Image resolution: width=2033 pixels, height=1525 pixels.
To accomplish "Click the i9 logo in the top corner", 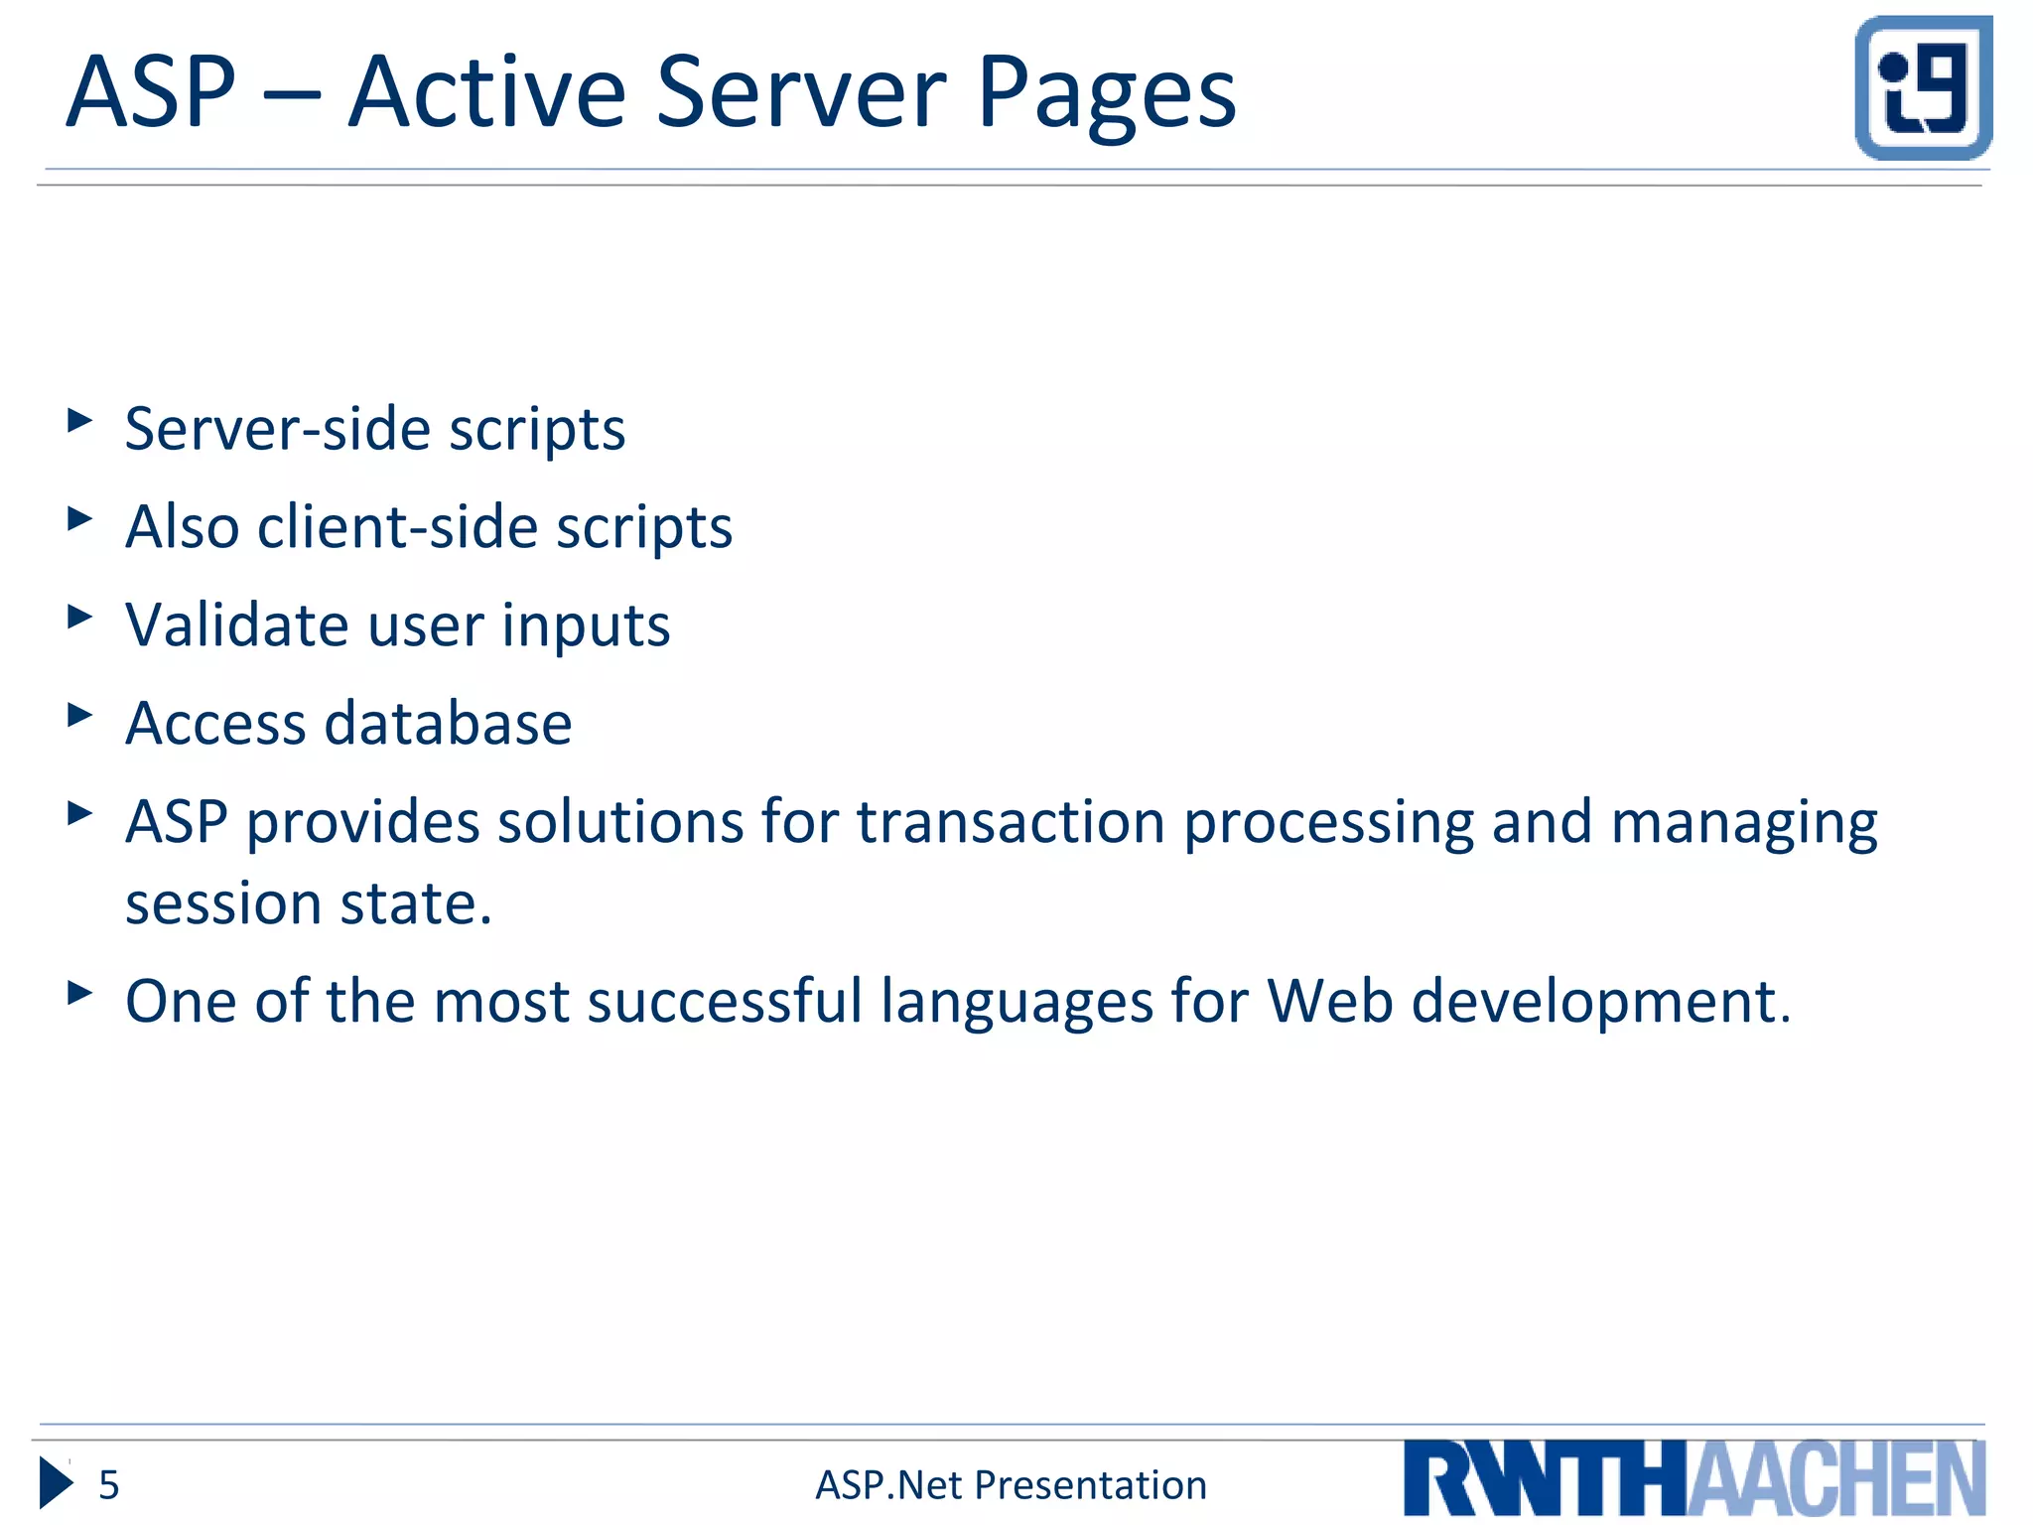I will pos(1923,87).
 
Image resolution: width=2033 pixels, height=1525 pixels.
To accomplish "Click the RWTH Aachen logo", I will pos(1694,1477).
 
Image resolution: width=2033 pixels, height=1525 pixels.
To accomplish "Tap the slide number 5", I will pos(109,1485).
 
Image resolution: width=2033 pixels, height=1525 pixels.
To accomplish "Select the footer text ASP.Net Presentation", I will pos(1011,1485).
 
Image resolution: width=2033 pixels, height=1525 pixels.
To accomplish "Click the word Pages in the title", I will pos(1106,93).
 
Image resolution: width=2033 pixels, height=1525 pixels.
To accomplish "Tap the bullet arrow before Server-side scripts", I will pos(79,421).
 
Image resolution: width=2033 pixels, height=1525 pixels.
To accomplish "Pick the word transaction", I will pos(1011,822).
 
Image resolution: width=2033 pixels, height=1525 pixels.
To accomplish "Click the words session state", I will pos(308,903).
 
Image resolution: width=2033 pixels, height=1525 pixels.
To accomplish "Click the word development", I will pos(1600,1003).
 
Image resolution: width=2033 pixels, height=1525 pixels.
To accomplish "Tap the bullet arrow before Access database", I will pos(79,715).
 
